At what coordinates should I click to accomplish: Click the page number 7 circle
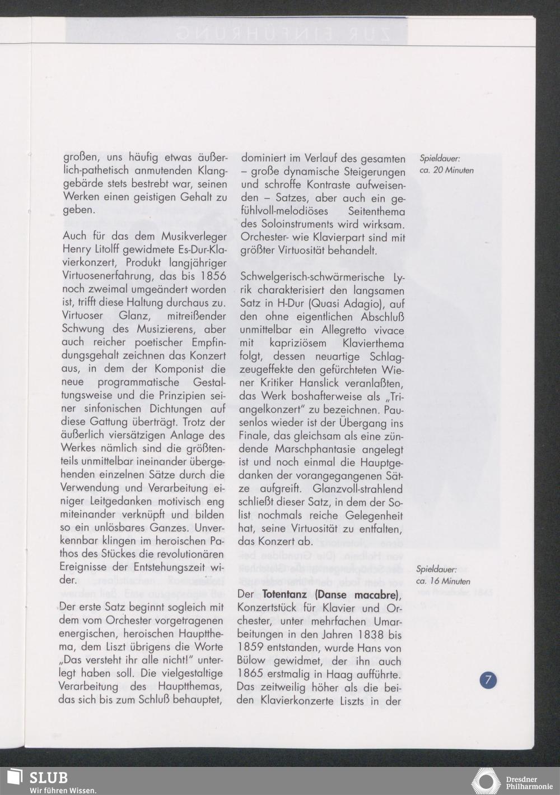pyautogui.click(x=488, y=681)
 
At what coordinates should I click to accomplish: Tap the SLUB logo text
pyautogui.click(x=49, y=778)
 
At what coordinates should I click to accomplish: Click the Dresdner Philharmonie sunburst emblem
pyautogui.click(x=486, y=781)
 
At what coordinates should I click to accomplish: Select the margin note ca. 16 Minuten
pyautogui.click(x=444, y=581)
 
